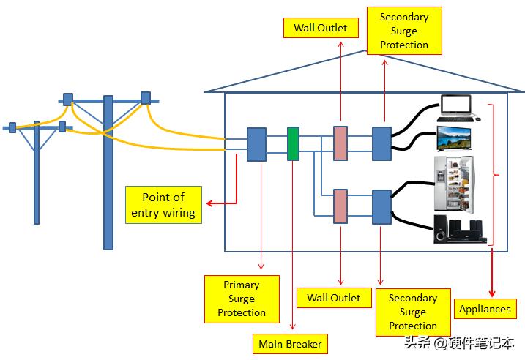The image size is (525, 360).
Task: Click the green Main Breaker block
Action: (293, 143)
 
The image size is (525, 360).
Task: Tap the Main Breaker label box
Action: (290, 343)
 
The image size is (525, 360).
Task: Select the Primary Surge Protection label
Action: (241, 299)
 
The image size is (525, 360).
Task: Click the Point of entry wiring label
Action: (163, 205)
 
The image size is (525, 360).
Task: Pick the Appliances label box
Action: (484, 309)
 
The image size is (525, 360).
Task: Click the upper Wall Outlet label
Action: (321, 29)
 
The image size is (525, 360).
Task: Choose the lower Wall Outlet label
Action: (333, 298)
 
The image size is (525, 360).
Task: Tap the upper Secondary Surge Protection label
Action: (403, 31)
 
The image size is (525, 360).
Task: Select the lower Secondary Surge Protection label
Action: (412, 312)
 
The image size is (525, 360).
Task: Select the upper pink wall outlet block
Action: (340, 143)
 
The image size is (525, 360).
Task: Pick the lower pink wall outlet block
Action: (340, 206)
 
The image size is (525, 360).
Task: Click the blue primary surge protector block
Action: (256, 144)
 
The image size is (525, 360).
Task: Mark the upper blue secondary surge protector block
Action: (382, 143)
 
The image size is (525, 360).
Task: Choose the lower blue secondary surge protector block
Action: (382, 206)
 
